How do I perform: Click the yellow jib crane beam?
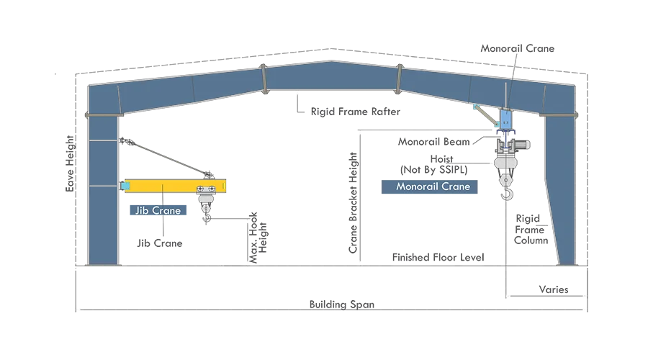(175, 186)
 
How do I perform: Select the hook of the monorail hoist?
(507, 193)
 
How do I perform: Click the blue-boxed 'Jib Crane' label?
(158, 210)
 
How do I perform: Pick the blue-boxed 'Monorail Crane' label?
(429, 186)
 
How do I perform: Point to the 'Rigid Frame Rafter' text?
(356, 112)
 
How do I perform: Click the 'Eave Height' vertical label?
(70, 163)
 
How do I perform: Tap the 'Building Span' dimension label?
(342, 305)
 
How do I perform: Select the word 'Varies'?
(554, 289)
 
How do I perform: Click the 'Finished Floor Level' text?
(438, 257)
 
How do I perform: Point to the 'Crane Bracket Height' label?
(353, 202)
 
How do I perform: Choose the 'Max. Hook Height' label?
(258, 238)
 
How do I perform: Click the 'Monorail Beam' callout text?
(434, 142)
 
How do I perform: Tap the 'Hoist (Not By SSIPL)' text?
(434, 164)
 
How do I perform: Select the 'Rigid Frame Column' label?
(531, 230)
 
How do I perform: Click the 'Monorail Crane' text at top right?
(518, 48)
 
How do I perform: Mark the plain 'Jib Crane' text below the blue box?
(160, 243)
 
